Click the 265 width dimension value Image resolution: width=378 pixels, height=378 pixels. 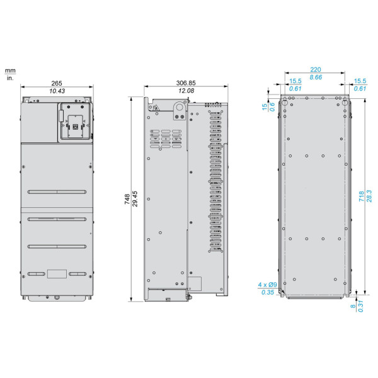tap(57, 83)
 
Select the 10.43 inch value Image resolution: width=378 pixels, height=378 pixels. tap(57, 91)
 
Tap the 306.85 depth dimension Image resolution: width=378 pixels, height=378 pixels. tap(186, 83)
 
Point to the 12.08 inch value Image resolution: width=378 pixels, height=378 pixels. tap(186, 91)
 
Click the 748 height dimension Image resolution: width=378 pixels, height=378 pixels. tap(127, 199)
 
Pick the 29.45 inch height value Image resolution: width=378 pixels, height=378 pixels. tap(135, 199)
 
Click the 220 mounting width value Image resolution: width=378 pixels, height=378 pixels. tap(316, 70)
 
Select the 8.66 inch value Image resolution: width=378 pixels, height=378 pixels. tap(316, 77)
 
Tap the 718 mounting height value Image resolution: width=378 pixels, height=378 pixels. tap(362, 196)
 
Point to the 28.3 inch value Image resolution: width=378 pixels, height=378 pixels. tap(369, 196)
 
